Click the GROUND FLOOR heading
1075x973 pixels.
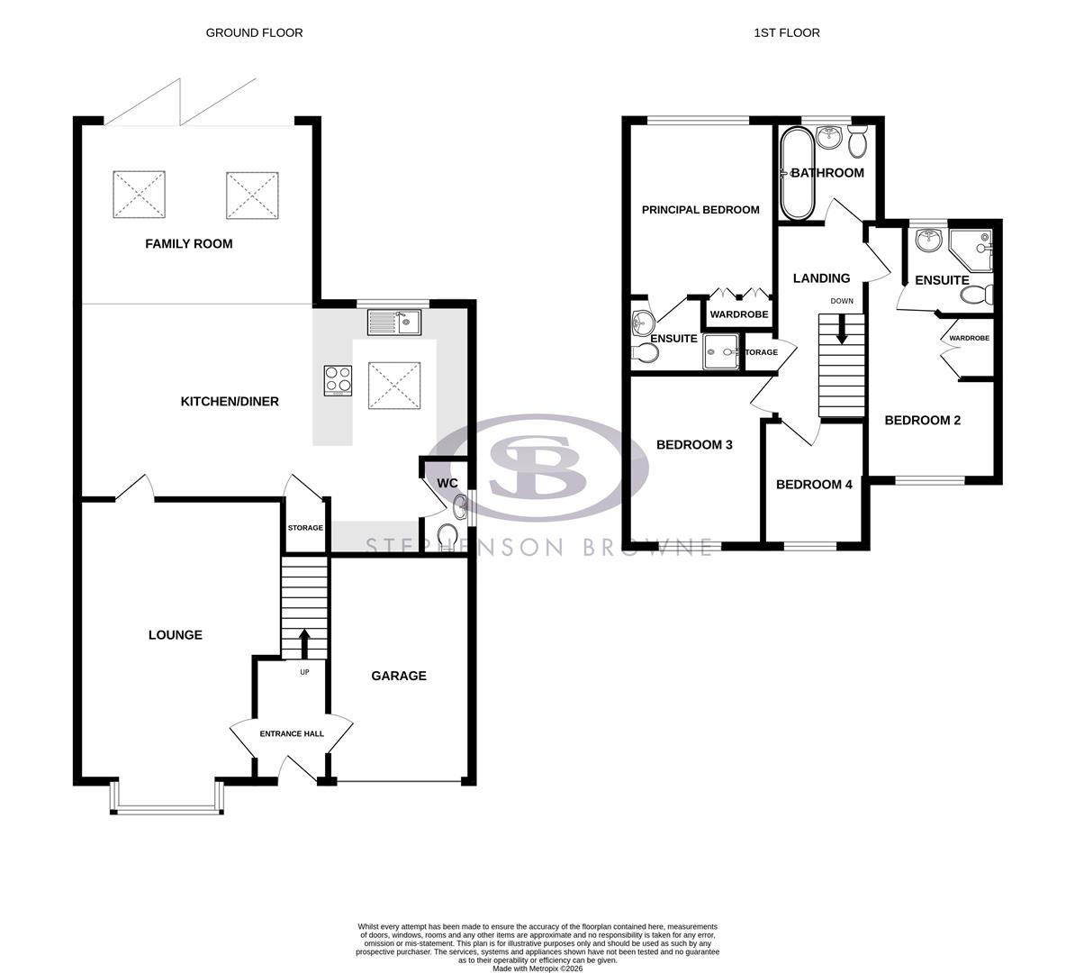254,32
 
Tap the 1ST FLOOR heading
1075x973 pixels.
787,32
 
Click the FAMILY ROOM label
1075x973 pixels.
189,243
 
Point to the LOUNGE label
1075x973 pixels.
176,635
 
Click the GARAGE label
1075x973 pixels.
399,676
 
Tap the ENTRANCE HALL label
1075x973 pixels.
292,734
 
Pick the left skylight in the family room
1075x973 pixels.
140,194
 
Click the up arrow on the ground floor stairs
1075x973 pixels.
304,643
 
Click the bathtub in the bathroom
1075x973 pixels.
797,174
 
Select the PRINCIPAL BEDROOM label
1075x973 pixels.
700,210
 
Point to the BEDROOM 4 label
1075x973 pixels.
814,485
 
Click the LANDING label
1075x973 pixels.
821,278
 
